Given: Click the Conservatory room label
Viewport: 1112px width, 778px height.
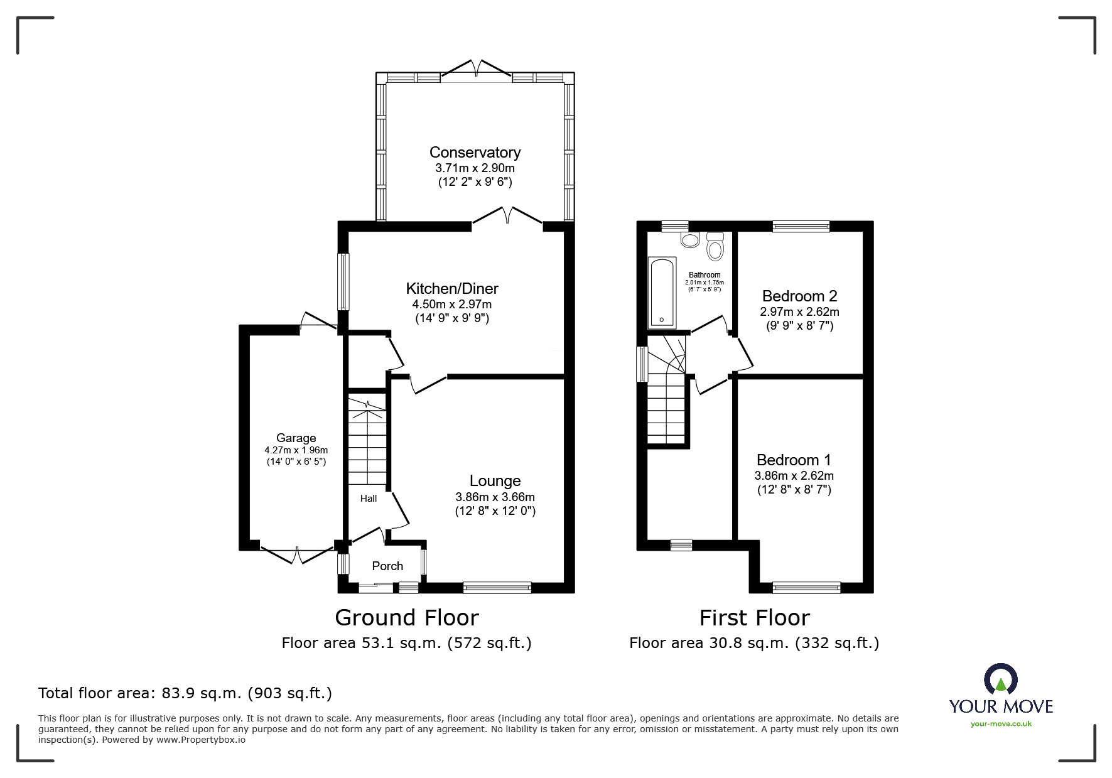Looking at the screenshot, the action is coord(475,153).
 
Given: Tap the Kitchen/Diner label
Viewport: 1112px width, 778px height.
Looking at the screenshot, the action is coord(452,289).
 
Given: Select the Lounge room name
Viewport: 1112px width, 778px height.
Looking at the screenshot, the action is coord(495,481).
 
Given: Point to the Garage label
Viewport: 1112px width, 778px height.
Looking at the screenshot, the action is coord(296,438).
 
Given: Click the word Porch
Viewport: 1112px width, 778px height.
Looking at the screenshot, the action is coord(387,566).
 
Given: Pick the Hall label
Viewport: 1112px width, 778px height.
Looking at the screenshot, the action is coord(369,499).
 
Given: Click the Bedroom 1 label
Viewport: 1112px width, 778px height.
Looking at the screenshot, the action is coord(794,460).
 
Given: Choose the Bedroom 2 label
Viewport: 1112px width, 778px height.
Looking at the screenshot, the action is coord(800,296).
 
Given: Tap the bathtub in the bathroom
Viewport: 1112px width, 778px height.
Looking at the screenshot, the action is coord(662,293).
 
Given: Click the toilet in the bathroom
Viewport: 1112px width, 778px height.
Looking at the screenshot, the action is coord(715,246).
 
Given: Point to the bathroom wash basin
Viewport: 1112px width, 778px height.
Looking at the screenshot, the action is coord(690,239).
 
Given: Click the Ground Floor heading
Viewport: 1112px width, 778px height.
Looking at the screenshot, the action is coord(407,618).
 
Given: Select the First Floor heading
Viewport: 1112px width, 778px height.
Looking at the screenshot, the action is coord(755,618).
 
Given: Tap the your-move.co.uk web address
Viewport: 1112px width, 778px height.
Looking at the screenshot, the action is coord(1001,724).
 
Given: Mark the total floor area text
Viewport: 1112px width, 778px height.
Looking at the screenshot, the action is coord(185,693).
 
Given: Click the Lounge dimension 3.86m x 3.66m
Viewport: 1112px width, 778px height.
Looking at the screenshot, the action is coord(495,497).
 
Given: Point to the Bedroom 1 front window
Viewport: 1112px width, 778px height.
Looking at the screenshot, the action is coord(806,588).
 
